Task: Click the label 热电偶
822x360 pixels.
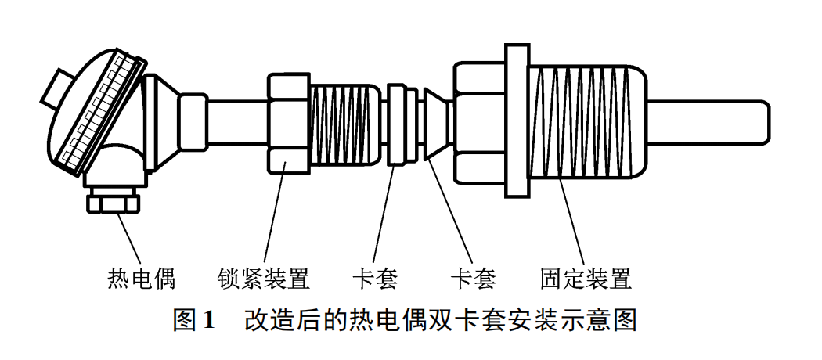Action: [140, 279]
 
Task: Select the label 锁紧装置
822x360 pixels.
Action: [264, 279]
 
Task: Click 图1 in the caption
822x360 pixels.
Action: [193, 321]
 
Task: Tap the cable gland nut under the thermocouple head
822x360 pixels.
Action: [113, 203]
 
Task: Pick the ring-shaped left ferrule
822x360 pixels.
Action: [402, 123]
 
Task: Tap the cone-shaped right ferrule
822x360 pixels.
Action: [437, 123]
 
